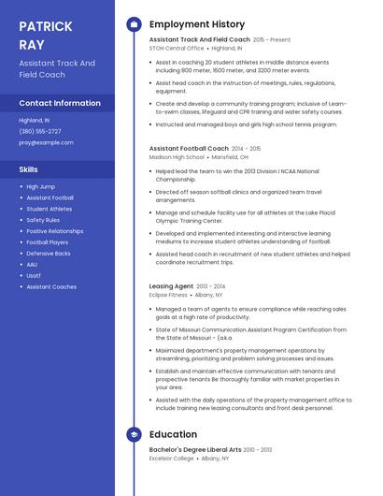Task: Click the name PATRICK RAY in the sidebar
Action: [45, 35]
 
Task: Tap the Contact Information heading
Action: [60, 103]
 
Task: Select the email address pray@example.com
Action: [46, 142]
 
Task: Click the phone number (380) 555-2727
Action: [40, 131]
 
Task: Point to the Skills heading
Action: [29, 169]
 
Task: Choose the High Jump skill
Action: [40, 187]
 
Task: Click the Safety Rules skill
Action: [43, 220]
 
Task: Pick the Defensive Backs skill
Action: [49, 254]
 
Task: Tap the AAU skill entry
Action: [33, 265]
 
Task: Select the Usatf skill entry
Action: [34, 276]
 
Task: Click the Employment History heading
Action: [197, 24]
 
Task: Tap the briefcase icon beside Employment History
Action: [134, 24]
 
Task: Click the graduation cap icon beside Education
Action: [134, 434]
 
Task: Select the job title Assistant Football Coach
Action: [189, 149]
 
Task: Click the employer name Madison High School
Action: [177, 158]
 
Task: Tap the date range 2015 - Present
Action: [272, 40]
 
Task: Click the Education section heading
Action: [173, 434]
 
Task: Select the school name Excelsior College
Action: [172, 459]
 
